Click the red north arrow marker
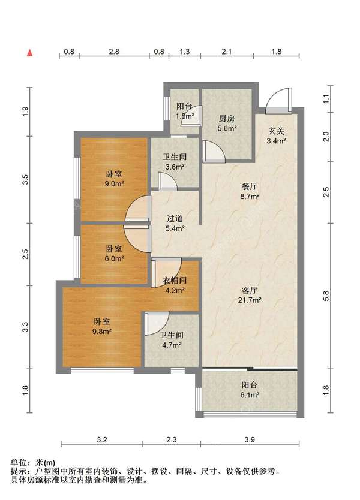29,53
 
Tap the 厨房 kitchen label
227,124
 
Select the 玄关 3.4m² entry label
276,136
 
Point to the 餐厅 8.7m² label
250,191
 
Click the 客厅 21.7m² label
250,295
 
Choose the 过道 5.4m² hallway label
175,223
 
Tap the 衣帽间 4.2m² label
175,285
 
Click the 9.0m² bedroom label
114,179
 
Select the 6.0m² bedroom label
114,254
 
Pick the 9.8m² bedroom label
102,326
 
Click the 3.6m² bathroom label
175,162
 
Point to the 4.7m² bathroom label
172,340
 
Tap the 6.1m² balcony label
250,390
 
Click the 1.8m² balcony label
185,111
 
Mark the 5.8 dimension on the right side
326,296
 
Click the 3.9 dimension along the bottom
250,439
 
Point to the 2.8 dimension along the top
114,52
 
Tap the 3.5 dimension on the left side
25,179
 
